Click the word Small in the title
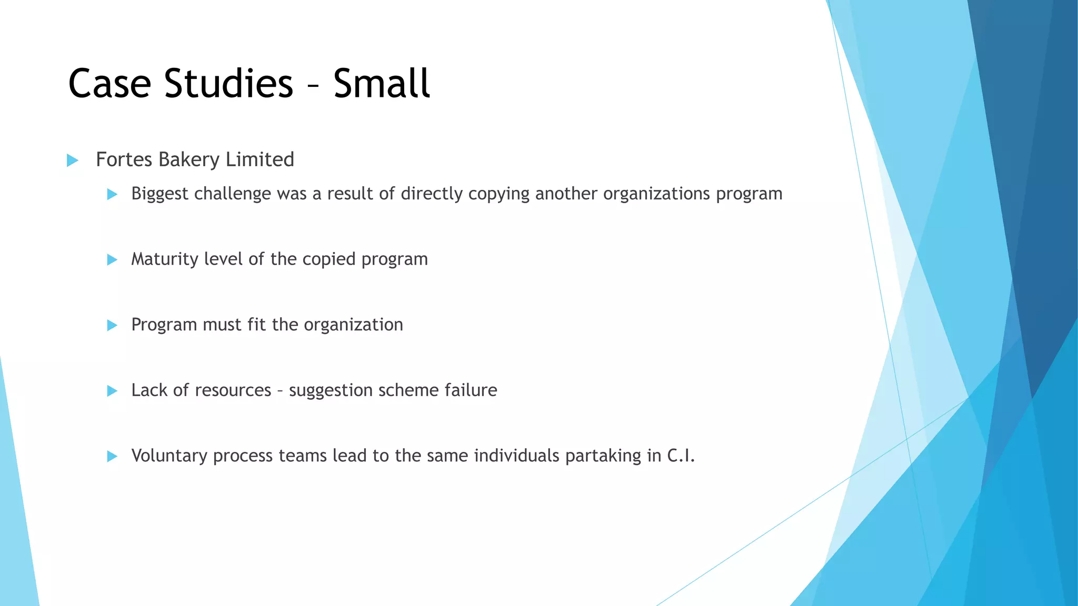click(x=382, y=83)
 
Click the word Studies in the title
click(x=228, y=83)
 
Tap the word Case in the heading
click(x=109, y=83)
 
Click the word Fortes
click(x=124, y=160)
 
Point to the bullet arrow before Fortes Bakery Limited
click(x=73, y=160)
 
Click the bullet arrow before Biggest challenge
click(x=112, y=195)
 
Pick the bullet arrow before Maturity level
click(x=112, y=260)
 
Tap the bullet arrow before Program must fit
click(x=112, y=326)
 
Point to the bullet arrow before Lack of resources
click(x=112, y=391)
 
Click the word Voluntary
click(x=169, y=456)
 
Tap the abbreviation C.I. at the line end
click(x=681, y=456)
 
